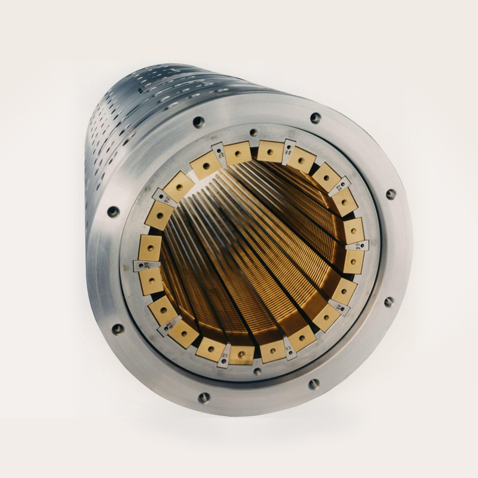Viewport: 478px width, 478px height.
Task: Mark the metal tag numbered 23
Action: point(223,357)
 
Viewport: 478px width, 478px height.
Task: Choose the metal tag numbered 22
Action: point(290,349)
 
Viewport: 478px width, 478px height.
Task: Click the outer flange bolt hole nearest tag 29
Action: point(391,194)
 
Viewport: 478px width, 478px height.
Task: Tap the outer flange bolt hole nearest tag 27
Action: point(198,122)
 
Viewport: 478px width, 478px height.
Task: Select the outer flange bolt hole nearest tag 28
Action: point(315,118)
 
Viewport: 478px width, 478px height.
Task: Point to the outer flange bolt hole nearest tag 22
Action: point(313,384)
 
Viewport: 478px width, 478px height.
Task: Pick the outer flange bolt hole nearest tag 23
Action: point(204,397)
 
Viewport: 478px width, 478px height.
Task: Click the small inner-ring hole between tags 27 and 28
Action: point(253,133)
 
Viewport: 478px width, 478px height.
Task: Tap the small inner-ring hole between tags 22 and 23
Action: point(257,371)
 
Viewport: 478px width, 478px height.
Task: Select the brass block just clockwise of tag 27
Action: point(238,154)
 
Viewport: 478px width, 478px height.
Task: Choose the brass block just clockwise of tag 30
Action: point(353,261)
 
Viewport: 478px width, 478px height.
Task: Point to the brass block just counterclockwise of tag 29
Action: point(326,177)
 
